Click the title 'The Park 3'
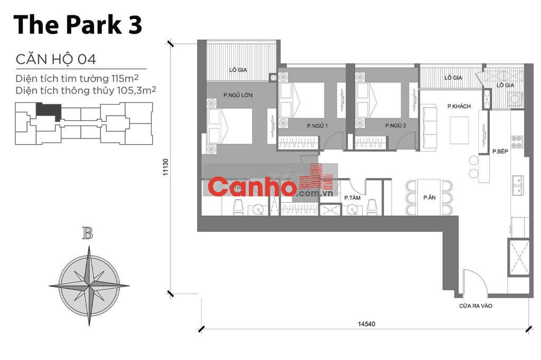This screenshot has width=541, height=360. pos(78,25)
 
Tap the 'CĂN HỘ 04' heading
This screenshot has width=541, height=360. pos(55,58)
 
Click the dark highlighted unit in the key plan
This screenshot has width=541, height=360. pos(48,110)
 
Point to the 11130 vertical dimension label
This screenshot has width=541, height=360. pos(165,168)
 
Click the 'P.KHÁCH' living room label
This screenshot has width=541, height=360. pos(459,107)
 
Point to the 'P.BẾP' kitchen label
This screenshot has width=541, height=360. pos(500,151)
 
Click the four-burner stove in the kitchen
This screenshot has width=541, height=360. pos(516,141)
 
